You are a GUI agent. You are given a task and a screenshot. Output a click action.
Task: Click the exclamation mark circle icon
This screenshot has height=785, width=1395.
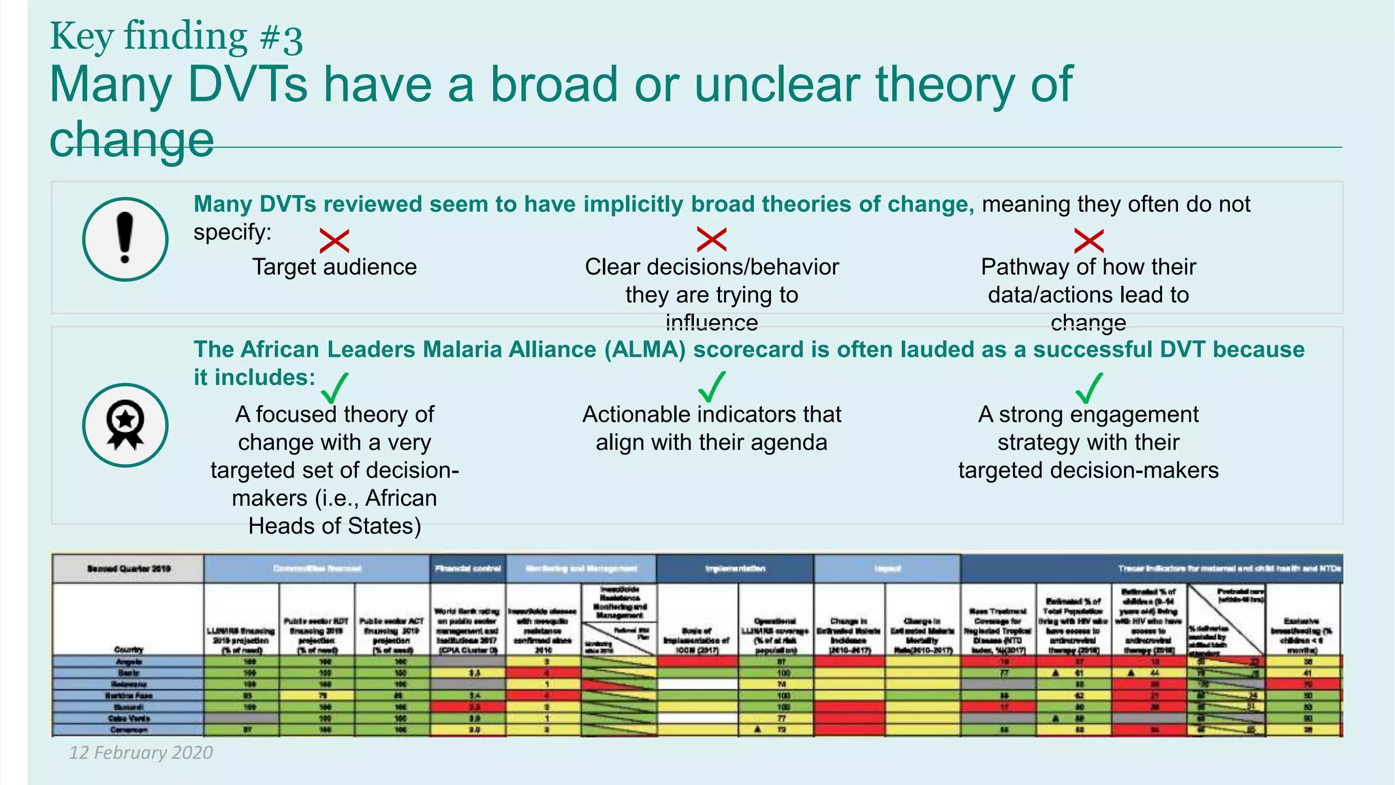point(125,239)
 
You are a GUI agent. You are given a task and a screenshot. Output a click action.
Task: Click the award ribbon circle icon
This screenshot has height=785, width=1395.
point(125,425)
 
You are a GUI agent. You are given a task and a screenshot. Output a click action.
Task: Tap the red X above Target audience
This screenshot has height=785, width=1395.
point(334,241)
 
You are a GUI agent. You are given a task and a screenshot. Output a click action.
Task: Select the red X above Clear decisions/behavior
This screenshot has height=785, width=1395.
point(712,239)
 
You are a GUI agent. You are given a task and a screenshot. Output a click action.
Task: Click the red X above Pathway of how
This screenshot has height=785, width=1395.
point(1088,241)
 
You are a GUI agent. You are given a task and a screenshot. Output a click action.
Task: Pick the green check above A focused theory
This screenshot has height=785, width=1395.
point(334,388)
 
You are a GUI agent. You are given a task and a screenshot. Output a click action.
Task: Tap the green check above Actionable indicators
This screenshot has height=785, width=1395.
point(712,387)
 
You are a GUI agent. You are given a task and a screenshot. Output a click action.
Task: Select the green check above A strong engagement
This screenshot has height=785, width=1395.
point(1088,388)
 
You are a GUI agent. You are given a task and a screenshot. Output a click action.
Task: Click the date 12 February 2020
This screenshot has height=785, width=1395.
point(141,752)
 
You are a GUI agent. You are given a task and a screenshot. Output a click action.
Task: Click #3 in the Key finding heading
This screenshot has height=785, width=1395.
point(281,38)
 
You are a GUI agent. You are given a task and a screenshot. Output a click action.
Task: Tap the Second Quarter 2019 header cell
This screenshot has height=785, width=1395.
point(128,568)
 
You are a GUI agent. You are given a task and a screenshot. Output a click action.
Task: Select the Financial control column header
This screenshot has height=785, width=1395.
point(468,568)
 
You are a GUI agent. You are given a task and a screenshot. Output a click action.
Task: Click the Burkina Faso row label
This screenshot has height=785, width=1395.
point(128,696)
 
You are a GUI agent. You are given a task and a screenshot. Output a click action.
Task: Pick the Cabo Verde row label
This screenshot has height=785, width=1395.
point(128,718)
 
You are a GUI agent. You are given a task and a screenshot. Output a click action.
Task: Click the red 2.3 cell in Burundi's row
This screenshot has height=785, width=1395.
point(468,707)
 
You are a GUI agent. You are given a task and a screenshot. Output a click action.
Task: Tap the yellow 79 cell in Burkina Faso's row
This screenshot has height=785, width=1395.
point(317,696)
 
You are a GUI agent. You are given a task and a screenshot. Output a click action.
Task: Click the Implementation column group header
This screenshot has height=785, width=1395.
point(734,568)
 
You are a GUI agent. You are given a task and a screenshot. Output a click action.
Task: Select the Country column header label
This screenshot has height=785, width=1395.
point(128,649)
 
